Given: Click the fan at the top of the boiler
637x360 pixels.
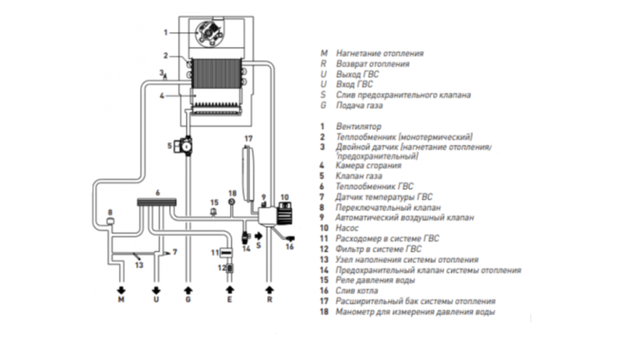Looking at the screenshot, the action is [x=209, y=32].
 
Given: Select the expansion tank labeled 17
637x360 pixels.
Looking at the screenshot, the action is [x=248, y=174].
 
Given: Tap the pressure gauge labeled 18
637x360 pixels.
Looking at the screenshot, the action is [x=232, y=202].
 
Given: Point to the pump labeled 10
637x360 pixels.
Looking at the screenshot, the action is [x=285, y=214].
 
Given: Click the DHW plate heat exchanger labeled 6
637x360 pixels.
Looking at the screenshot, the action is [x=157, y=202].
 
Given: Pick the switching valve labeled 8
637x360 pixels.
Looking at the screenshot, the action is [x=110, y=221].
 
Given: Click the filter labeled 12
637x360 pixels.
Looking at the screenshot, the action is [x=229, y=268].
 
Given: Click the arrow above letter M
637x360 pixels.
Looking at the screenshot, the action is [x=121, y=291].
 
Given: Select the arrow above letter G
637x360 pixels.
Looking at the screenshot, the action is [x=188, y=290].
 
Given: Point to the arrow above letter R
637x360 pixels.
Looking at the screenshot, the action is [x=270, y=290].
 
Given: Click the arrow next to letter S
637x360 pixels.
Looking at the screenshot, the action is [x=258, y=236].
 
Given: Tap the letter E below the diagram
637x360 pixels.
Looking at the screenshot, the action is [x=229, y=299].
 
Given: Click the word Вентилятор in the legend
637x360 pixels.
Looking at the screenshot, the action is [x=359, y=126].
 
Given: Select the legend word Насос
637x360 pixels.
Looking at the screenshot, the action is [x=347, y=228].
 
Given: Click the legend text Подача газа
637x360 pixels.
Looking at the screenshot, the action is [x=359, y=105].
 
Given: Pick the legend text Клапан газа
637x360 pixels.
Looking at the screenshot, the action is [x=359, y=176].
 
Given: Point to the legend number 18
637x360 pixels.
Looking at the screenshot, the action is [x=323, y=312].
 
